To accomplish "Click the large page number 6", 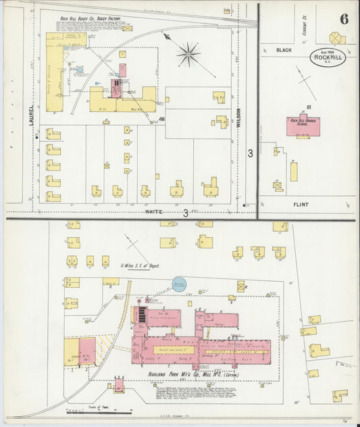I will (344, 18).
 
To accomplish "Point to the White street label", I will (155, 212).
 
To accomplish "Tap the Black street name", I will (284, 50).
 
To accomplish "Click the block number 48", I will (162, 119).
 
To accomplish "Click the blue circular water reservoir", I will (180, 285).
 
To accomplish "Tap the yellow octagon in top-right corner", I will (336, 38).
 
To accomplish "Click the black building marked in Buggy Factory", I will (116, 82).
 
